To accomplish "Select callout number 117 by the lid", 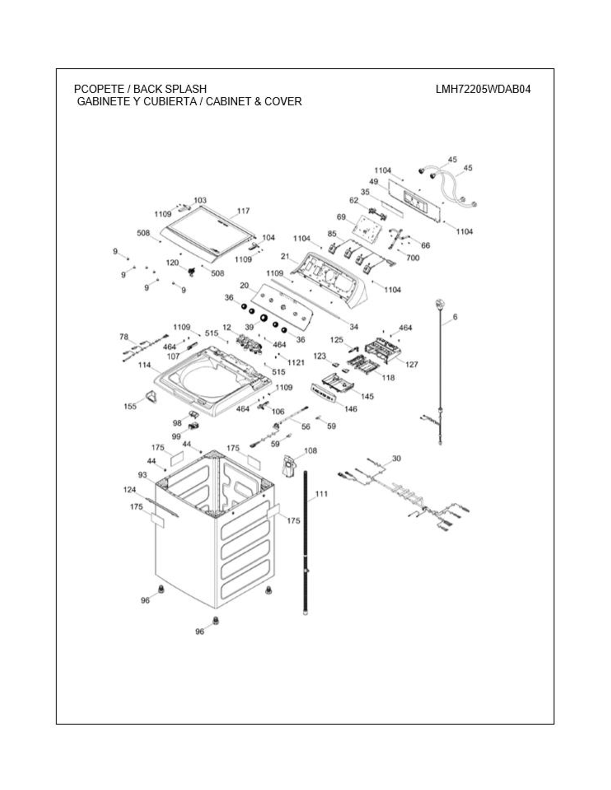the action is (x=243, y=211).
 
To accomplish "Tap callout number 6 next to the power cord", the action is (x=455, y=317).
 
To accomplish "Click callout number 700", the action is (x=413, y=258).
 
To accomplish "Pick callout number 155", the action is (x=130, y=406).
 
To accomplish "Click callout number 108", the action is (x=311, y=451).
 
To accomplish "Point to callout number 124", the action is (x=130, y=490).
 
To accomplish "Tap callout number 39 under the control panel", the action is (x=249, y=327).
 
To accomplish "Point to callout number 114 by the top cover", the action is (x=144, y=365).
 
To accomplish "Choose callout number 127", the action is (x=412, y=364).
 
